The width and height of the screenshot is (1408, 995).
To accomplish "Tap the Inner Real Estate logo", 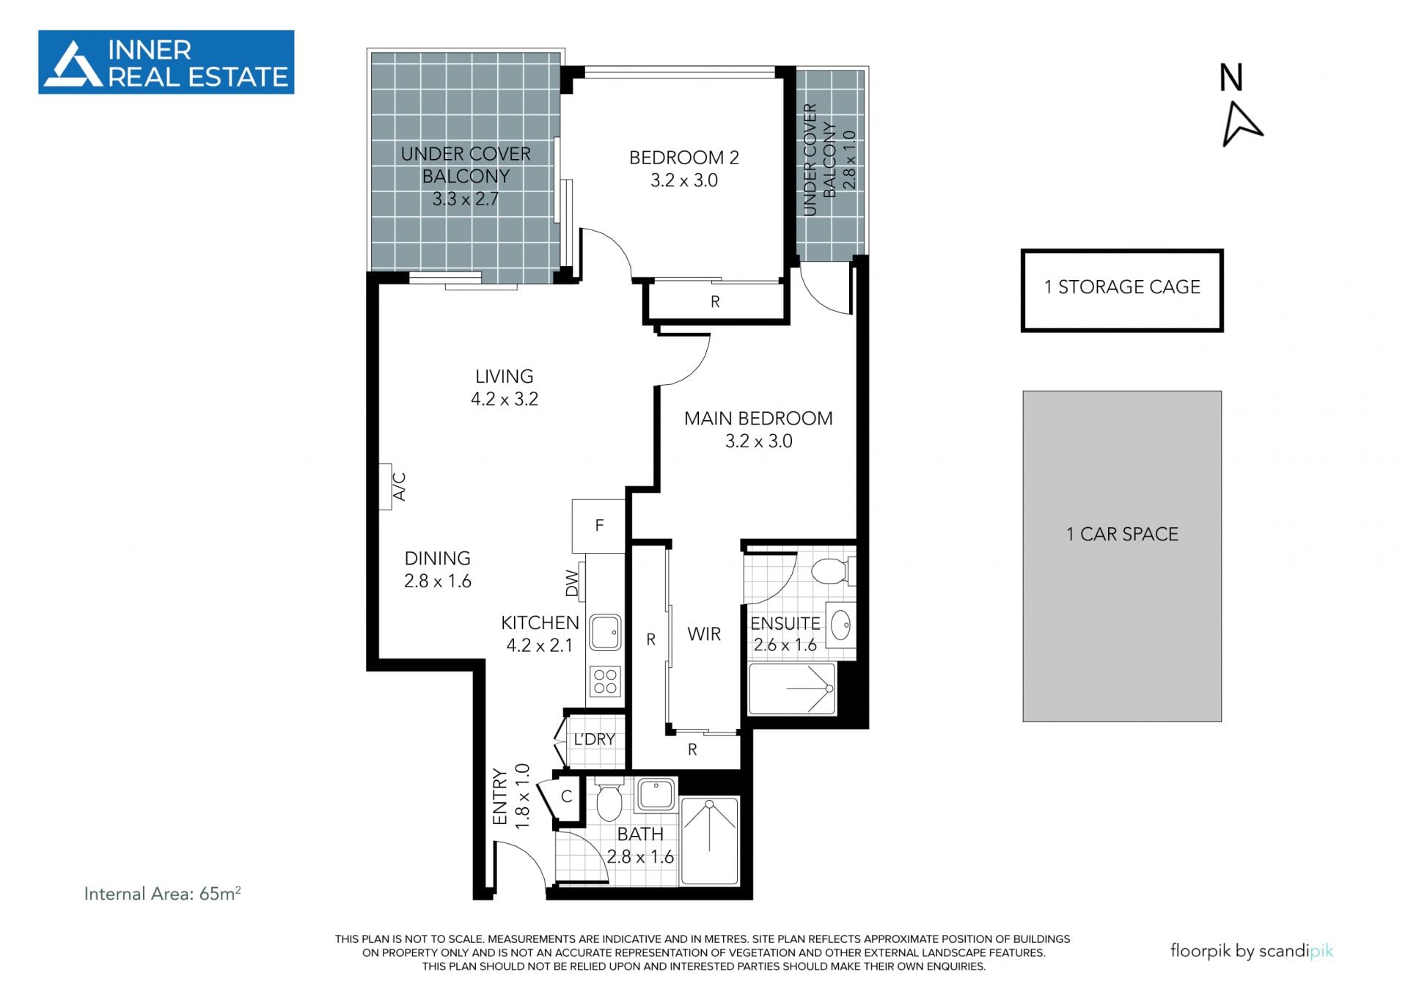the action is [x=166, y=62].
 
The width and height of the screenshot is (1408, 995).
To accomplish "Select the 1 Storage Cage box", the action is [x=1122, y=290].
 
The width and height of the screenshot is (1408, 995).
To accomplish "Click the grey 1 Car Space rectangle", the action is [x=1122, y=556].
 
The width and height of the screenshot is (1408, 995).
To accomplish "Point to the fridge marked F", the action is [x=598, y=526].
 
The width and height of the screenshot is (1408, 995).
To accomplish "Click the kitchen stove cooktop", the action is [x=606, y=681].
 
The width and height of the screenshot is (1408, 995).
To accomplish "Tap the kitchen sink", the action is [x=606, y=632].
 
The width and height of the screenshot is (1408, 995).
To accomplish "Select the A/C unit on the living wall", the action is [x=386, y=487].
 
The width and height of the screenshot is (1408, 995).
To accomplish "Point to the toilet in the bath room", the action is [x=609, y=801].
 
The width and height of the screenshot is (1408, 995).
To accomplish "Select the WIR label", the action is [x=704, y=634].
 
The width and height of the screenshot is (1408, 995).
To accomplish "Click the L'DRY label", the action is [x=594, y=739].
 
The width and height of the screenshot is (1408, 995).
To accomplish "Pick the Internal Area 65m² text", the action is [x=163, y=893].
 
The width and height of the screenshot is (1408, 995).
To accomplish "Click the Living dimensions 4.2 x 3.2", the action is [x=505, y=399].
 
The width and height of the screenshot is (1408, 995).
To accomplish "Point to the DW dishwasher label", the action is [x=572, y=584].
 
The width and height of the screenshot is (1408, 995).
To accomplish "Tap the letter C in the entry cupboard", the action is [x=566, y=796].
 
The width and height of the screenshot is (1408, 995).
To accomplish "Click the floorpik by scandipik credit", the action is [x=1252, y=951].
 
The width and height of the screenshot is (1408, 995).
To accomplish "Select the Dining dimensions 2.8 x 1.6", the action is [x=438, y=581].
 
